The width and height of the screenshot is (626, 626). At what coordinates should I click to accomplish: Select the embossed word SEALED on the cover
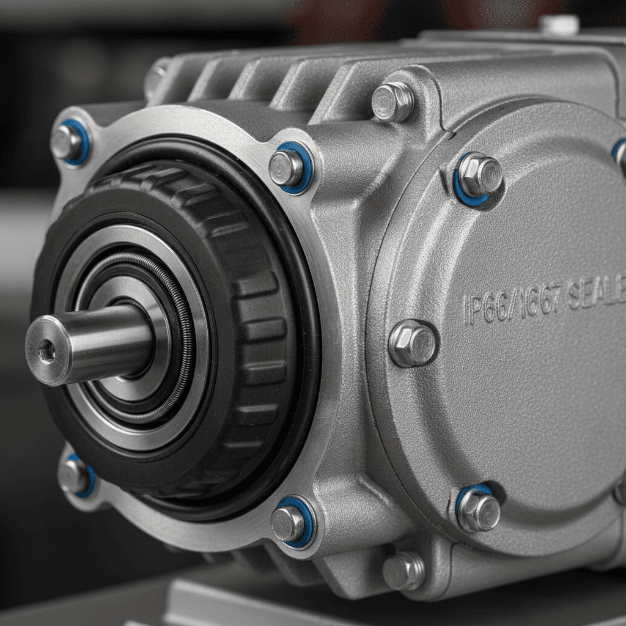[x=596, y=295]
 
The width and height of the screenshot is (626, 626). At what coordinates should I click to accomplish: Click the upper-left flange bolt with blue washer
[x=68, y=142]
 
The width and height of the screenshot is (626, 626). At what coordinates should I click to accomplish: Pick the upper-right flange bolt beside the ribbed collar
[x=289, y=167]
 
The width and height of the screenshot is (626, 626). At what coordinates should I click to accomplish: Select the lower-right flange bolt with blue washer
[x=290, y=521]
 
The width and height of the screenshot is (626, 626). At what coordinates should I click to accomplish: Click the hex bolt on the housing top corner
[x=392, y=101]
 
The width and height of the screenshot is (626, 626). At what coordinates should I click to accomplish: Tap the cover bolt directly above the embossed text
[x=478, y=175]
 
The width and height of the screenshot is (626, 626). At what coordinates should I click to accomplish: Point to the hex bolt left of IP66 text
[x=413, y=344]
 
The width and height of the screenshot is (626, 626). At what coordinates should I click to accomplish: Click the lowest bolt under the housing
[x=403, y=571]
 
